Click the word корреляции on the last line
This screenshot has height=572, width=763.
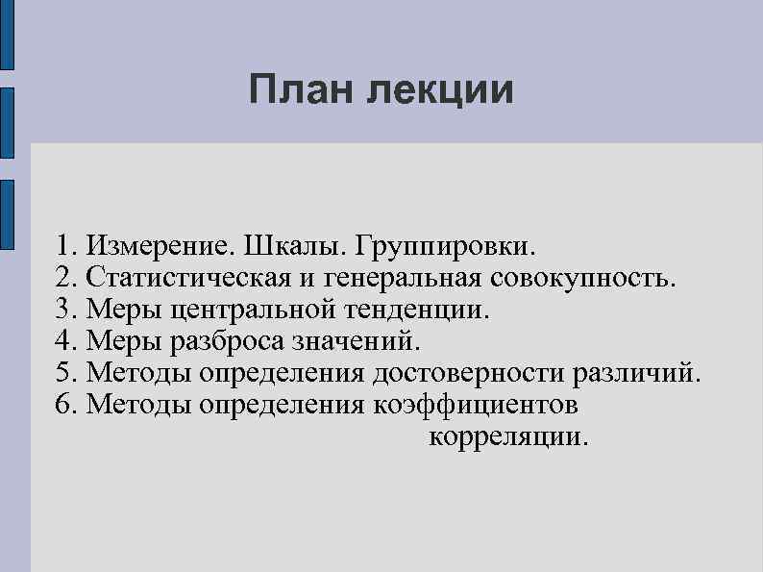(505, 436)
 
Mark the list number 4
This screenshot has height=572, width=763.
(64, 341)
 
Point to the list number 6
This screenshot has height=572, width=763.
(64, 405)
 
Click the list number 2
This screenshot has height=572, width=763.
(64, 279)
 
